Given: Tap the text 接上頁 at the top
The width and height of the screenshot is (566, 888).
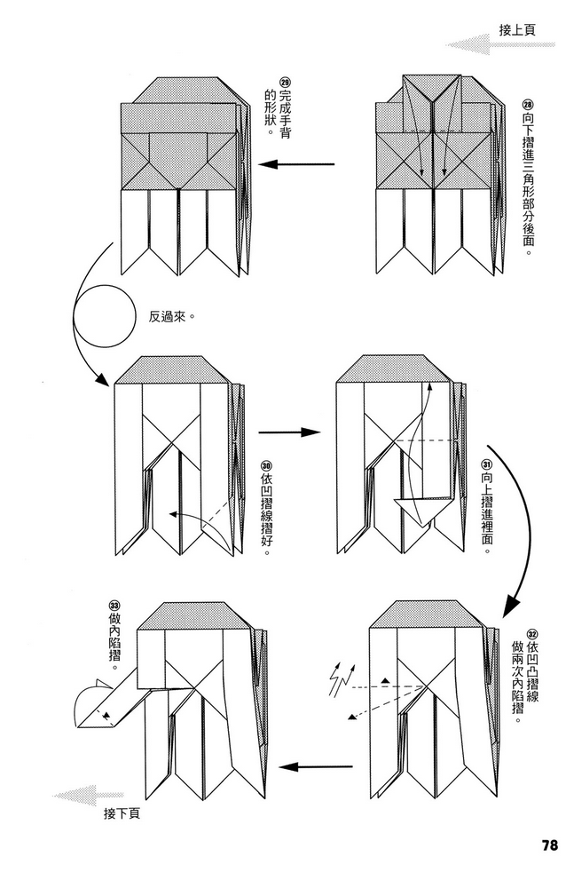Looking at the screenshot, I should click(517, 29).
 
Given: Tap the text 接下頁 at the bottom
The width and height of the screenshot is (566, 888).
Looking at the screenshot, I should click(122, 813).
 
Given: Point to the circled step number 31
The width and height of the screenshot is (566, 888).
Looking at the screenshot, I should click(486, 465).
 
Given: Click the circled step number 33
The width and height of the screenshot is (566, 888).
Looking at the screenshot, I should click(113, 606).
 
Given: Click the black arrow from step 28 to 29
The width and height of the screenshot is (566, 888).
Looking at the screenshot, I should click(301, 164).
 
